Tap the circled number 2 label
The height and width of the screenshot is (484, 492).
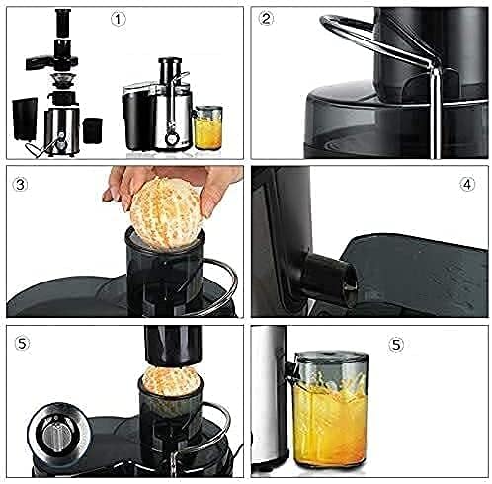point(266,19)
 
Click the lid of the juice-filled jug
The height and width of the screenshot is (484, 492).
point(332,356)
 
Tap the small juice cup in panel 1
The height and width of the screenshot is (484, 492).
point(208,131)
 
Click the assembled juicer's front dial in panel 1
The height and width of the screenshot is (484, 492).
point(172,135)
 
